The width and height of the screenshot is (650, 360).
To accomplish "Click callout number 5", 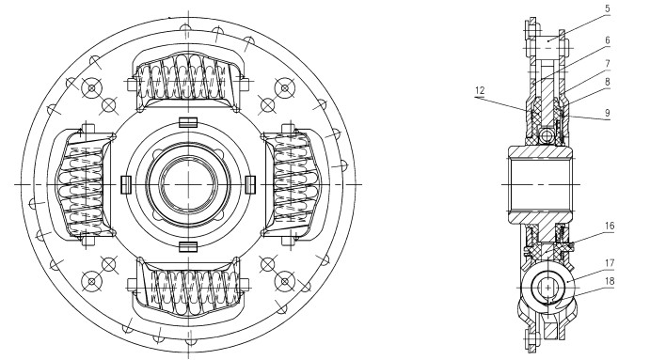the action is pos(607,8).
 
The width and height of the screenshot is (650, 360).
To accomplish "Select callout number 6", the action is pos(608,40).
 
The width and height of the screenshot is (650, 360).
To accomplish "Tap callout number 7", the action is pos(608,64).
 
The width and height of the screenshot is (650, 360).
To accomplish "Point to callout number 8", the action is pos(608,82).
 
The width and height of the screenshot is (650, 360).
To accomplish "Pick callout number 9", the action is pos(608,113).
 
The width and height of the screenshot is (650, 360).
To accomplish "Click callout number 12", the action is pos(480,90).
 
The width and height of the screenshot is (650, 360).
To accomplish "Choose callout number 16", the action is pos(609,226).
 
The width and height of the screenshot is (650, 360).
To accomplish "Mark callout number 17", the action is pos(609,263).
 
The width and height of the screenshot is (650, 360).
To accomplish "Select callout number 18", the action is pos(609,281).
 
